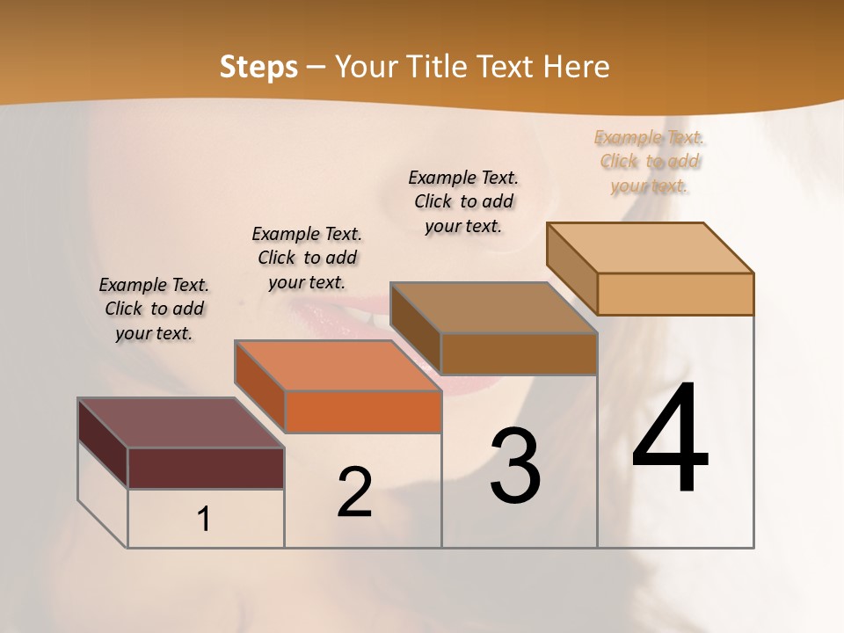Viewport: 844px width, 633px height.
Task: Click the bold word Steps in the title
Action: [258, 67]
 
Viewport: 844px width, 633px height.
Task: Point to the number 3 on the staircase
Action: [514, 466]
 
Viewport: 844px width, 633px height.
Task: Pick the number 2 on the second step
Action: [354, 492]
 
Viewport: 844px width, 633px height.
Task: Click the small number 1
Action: [204, 520]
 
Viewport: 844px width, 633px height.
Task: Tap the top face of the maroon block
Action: [180, 423]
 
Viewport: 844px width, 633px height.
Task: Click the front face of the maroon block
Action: [206, 468]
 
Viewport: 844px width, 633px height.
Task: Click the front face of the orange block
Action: [363, 411]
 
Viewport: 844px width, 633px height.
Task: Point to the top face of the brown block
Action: [493, 308]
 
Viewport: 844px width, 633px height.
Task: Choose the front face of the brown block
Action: [519, 353]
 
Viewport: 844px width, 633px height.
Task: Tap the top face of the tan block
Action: [650, 248]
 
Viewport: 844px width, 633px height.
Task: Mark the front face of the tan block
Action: [675, 294]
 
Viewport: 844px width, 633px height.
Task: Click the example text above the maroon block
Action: [154, 309]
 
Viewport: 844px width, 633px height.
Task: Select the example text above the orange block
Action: [307, 258]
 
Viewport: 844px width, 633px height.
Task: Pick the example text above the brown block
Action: [463, 201]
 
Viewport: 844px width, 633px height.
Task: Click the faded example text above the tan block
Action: [650, 162]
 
